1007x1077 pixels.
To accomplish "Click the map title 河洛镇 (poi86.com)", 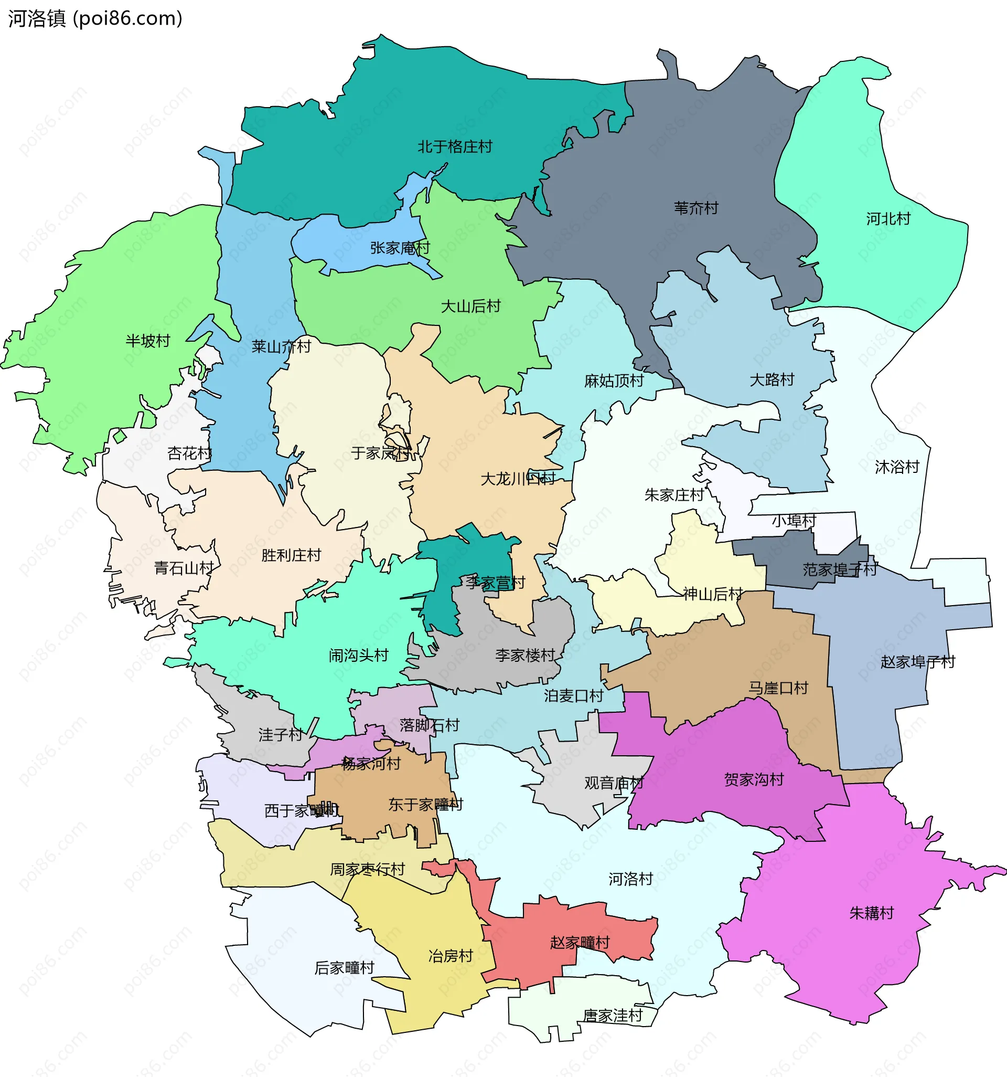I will click(95, 18).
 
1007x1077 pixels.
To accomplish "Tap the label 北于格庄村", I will click(454, 147).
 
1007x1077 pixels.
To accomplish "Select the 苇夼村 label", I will click(695, 208).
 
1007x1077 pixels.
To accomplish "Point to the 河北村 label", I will click(888, 219).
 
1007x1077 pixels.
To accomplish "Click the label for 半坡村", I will click(148, 341).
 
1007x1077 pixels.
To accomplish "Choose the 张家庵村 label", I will click(400, 248).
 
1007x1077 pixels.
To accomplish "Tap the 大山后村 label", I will click(470, 307).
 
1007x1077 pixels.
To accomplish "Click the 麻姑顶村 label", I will click(614, 381).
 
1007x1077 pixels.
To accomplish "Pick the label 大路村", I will click(772, 380).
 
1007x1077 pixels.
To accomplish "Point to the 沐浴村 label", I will click(896, 467).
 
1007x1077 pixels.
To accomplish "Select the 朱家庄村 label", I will click(674, 495).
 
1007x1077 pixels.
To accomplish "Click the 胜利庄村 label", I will click(291, 555).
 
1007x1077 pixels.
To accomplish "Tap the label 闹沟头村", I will click(358, 656).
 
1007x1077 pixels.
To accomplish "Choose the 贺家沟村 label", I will click(754, 779).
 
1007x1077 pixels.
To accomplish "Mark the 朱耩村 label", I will click(871, 913).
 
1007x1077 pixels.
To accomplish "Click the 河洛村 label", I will click(631, 879).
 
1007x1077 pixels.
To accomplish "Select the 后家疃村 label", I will click(345, 967).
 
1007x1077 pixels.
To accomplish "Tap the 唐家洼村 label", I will click(612, 1015).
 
